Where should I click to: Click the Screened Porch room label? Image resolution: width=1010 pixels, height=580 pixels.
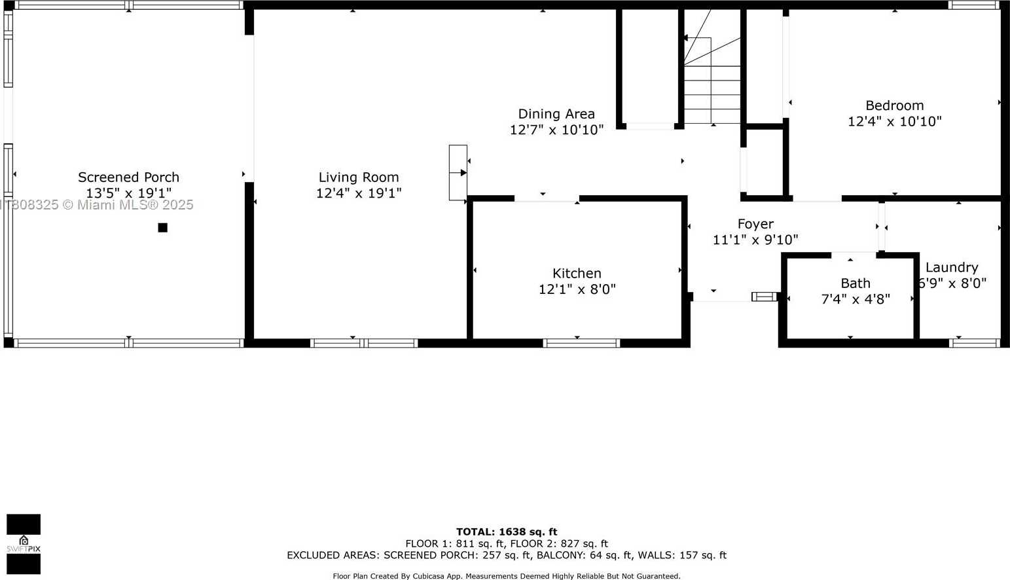[x=128, y=177]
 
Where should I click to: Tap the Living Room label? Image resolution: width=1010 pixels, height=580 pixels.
[x=358, y=177]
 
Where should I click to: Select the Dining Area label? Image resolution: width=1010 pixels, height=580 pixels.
[x=556, y=114]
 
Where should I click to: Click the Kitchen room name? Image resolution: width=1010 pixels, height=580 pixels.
[x=577, y=273]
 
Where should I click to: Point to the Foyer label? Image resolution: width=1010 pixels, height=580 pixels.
[x=755, y=224]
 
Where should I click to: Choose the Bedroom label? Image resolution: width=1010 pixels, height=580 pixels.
[x=894, y=105]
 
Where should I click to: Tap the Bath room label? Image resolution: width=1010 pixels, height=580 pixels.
[x=856, y=283]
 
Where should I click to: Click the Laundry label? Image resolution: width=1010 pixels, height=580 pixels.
[x=952, y=267]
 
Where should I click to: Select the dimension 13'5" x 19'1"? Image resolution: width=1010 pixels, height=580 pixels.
[x=128, y=193]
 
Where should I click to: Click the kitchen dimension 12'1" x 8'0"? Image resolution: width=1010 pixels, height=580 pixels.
[x=577, y=289]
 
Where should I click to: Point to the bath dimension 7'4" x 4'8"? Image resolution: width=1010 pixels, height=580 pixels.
[x=856, y=299]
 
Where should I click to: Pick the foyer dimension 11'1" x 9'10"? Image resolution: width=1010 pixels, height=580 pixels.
[x=755, y=240]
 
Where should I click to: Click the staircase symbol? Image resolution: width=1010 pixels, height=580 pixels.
[x=712, y=72]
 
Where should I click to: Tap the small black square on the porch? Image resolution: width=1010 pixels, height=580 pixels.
[x=162, y=228]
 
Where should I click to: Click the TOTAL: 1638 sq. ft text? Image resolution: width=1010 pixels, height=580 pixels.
[x=507, y=532]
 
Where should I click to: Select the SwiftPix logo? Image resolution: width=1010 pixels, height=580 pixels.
[x=24, y=544]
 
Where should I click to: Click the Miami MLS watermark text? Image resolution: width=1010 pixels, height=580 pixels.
[x=98, y=205]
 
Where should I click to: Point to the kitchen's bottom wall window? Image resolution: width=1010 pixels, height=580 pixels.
[x=581, y=342]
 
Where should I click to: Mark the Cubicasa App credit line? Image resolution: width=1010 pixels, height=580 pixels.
[x=506, y=576]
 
